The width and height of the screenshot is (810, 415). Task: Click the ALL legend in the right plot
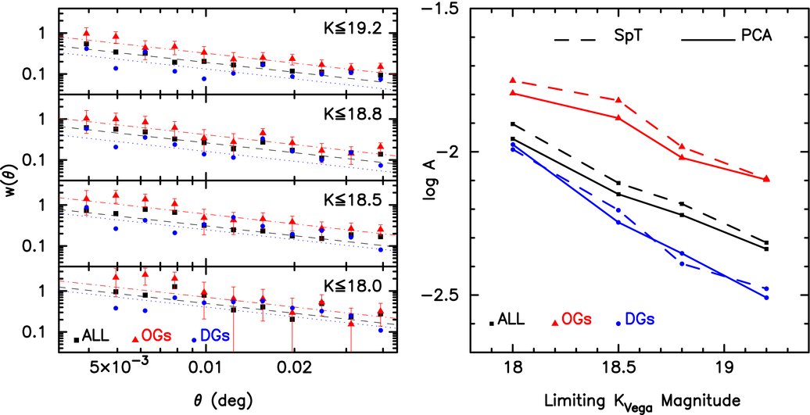(508, 320)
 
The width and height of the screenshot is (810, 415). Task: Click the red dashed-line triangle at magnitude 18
(513, 80)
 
